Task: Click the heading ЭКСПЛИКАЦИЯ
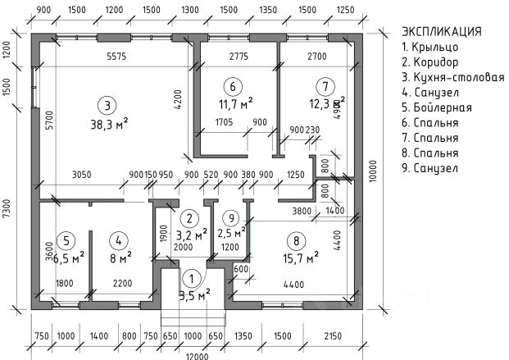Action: (441, 31)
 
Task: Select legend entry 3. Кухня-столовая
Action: (452, 77)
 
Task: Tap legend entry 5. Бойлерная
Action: (435, 107)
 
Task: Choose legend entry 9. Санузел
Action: (429, 168)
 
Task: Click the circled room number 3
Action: (107, 104)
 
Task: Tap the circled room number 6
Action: (233, 86)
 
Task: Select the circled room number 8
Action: (294, 241)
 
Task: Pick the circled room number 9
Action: (232, 218)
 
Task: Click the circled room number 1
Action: (191, 280)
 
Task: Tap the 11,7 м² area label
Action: (235, 103)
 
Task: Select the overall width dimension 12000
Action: (195, 354)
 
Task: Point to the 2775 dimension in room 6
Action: (239, 57)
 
